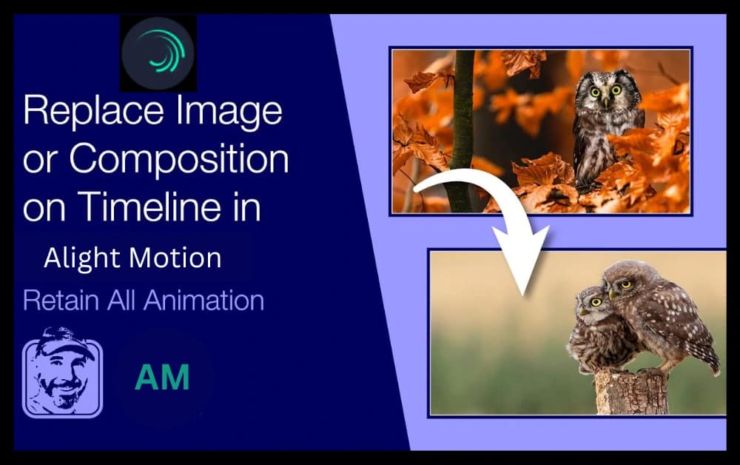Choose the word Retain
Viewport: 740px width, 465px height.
[x=58, y=301]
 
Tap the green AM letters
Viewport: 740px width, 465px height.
[x=161, y=377]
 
